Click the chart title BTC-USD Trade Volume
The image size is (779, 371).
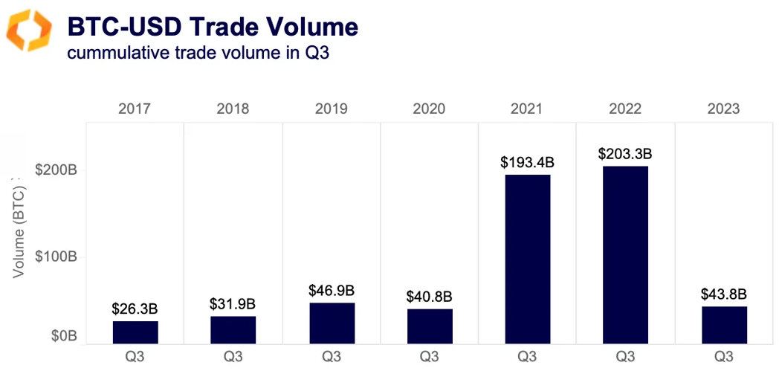pos(213,28)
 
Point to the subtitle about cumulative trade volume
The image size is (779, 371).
pos(197,54)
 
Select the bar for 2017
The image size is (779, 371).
pos(135,332)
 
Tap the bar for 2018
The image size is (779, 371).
pos(233,330)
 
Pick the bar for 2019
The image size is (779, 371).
pos(332,323)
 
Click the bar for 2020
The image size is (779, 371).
pos(430,326)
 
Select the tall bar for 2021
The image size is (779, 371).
pos(528,259)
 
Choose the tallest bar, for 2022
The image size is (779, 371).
pos(626,255)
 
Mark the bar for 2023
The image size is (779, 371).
pos(724,325)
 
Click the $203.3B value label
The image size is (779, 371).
pos(626,155)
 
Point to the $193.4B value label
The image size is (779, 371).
pos(528,163)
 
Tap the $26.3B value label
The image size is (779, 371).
pos(135,309)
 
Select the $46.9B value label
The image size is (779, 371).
pos(332,291)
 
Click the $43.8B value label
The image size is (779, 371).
pos(724,294)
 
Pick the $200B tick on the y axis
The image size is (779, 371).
pos(56,170)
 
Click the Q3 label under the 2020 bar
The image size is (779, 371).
pos(430,357)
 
